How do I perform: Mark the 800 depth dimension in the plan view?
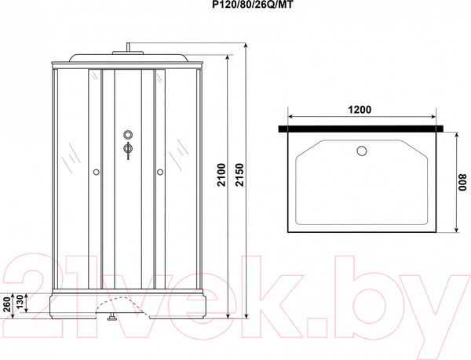click(462, 183)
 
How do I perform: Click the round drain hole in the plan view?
click(362, 150)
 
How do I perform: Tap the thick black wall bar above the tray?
click(360, 125)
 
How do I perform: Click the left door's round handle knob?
click(95, 171)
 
